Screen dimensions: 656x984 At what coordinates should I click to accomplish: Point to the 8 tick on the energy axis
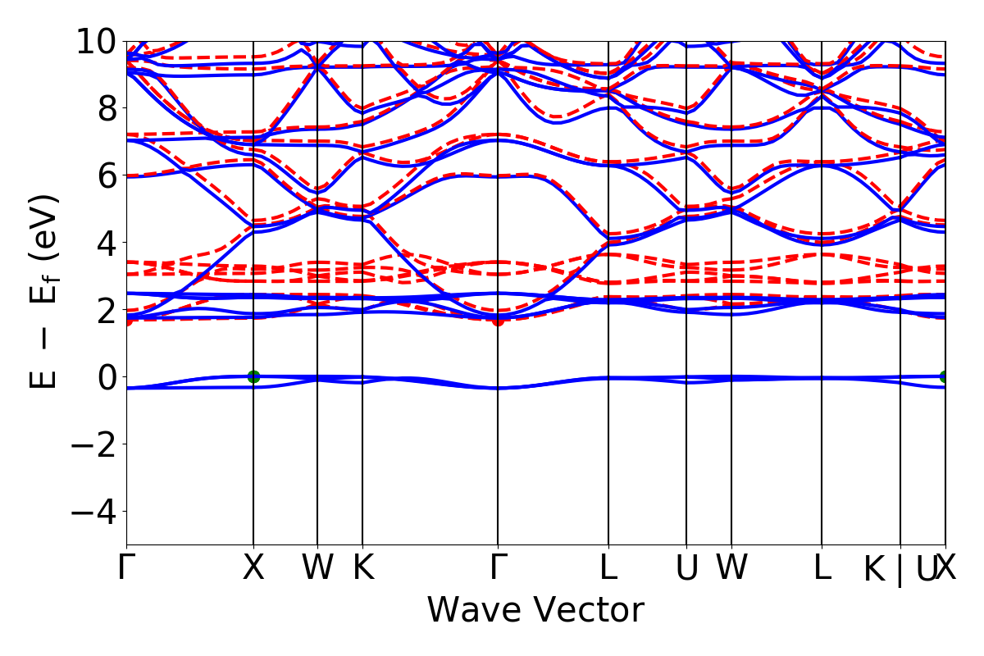104,108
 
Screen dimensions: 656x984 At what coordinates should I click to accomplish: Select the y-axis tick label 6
104,175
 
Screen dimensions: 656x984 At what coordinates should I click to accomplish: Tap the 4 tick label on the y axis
104,243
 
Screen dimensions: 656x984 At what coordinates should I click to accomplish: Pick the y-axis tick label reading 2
104,310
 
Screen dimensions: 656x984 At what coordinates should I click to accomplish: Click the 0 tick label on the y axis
104,377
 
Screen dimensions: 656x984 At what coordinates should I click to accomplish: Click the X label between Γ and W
253,568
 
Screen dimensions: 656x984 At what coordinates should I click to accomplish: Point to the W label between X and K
317,568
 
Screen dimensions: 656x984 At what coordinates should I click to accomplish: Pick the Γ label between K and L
497,568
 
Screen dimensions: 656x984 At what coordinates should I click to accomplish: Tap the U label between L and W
686,568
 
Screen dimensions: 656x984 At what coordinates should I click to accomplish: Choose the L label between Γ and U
608,568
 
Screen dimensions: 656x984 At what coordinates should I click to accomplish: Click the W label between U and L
731,568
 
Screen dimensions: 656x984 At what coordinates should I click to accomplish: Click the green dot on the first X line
253,377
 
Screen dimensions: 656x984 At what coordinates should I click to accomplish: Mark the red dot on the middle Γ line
498,320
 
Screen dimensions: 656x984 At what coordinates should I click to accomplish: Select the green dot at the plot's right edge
945,377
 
